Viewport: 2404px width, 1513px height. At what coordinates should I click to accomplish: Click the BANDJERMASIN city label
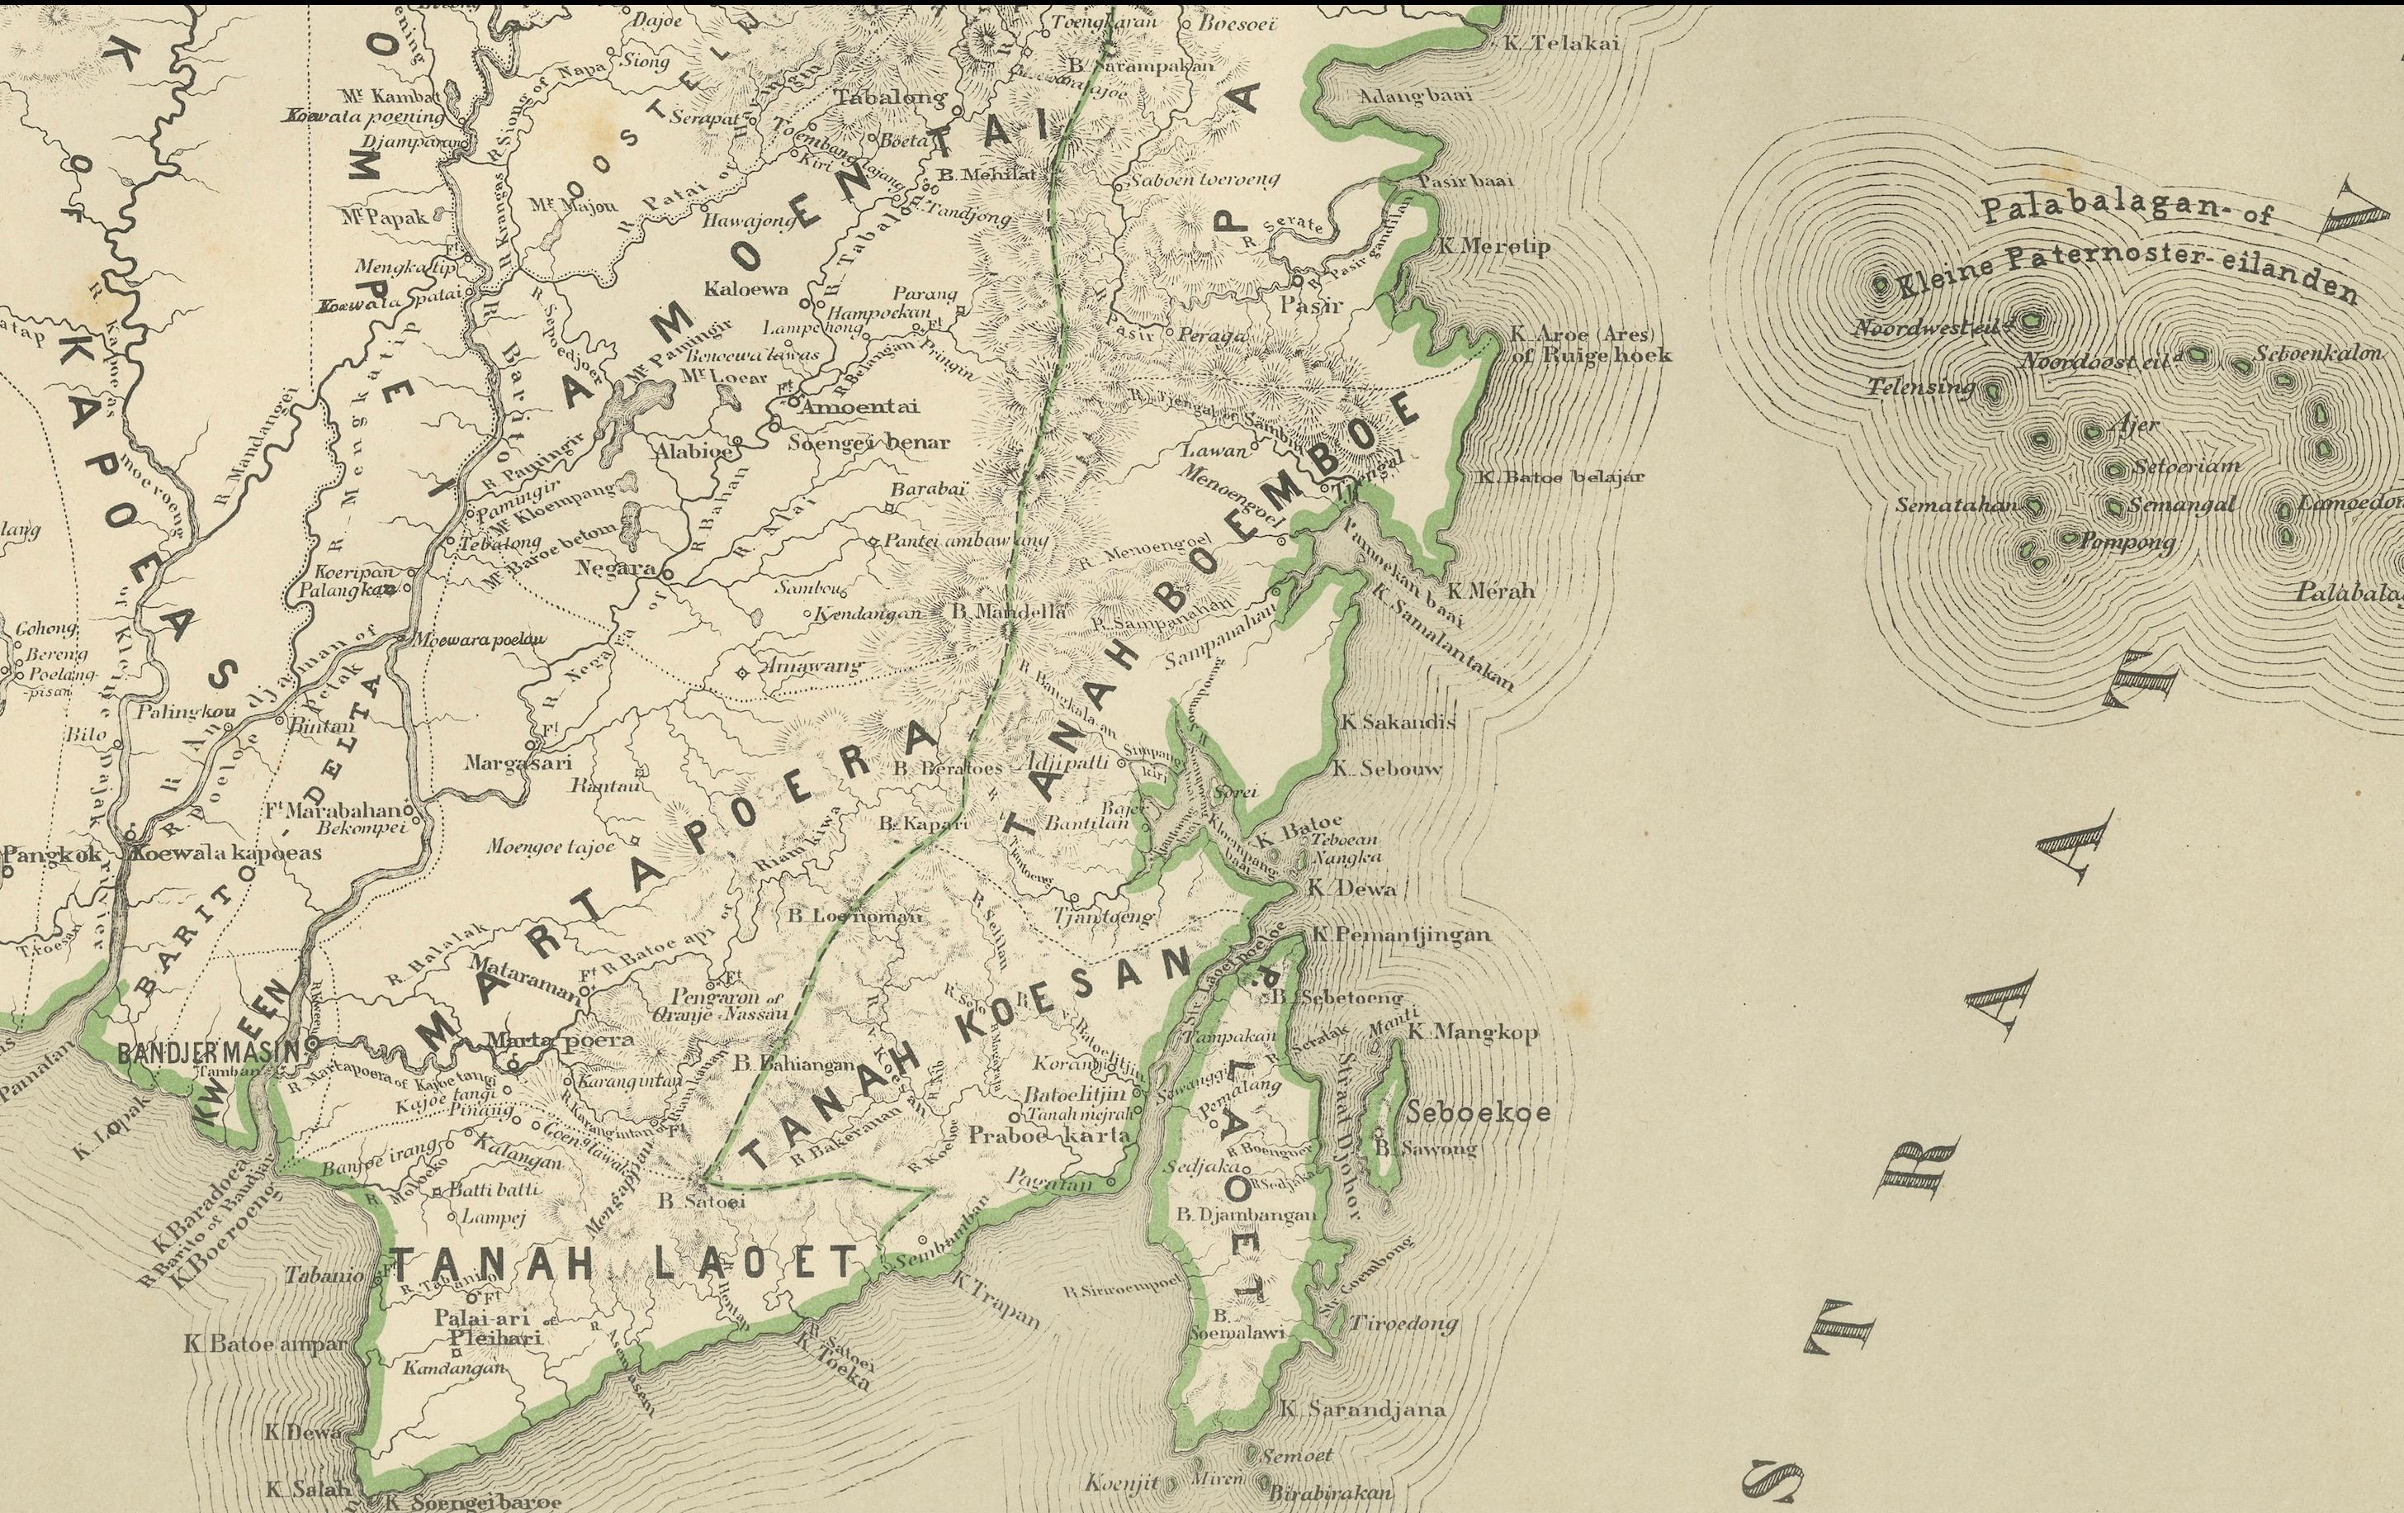pyautogui.click(x=209, y=1051)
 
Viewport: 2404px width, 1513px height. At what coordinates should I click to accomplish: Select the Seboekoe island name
pyautogui.click(x=1479, y=1112)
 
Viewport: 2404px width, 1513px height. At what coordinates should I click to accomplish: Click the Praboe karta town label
pyautogui.click(x=1048, y=1135)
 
